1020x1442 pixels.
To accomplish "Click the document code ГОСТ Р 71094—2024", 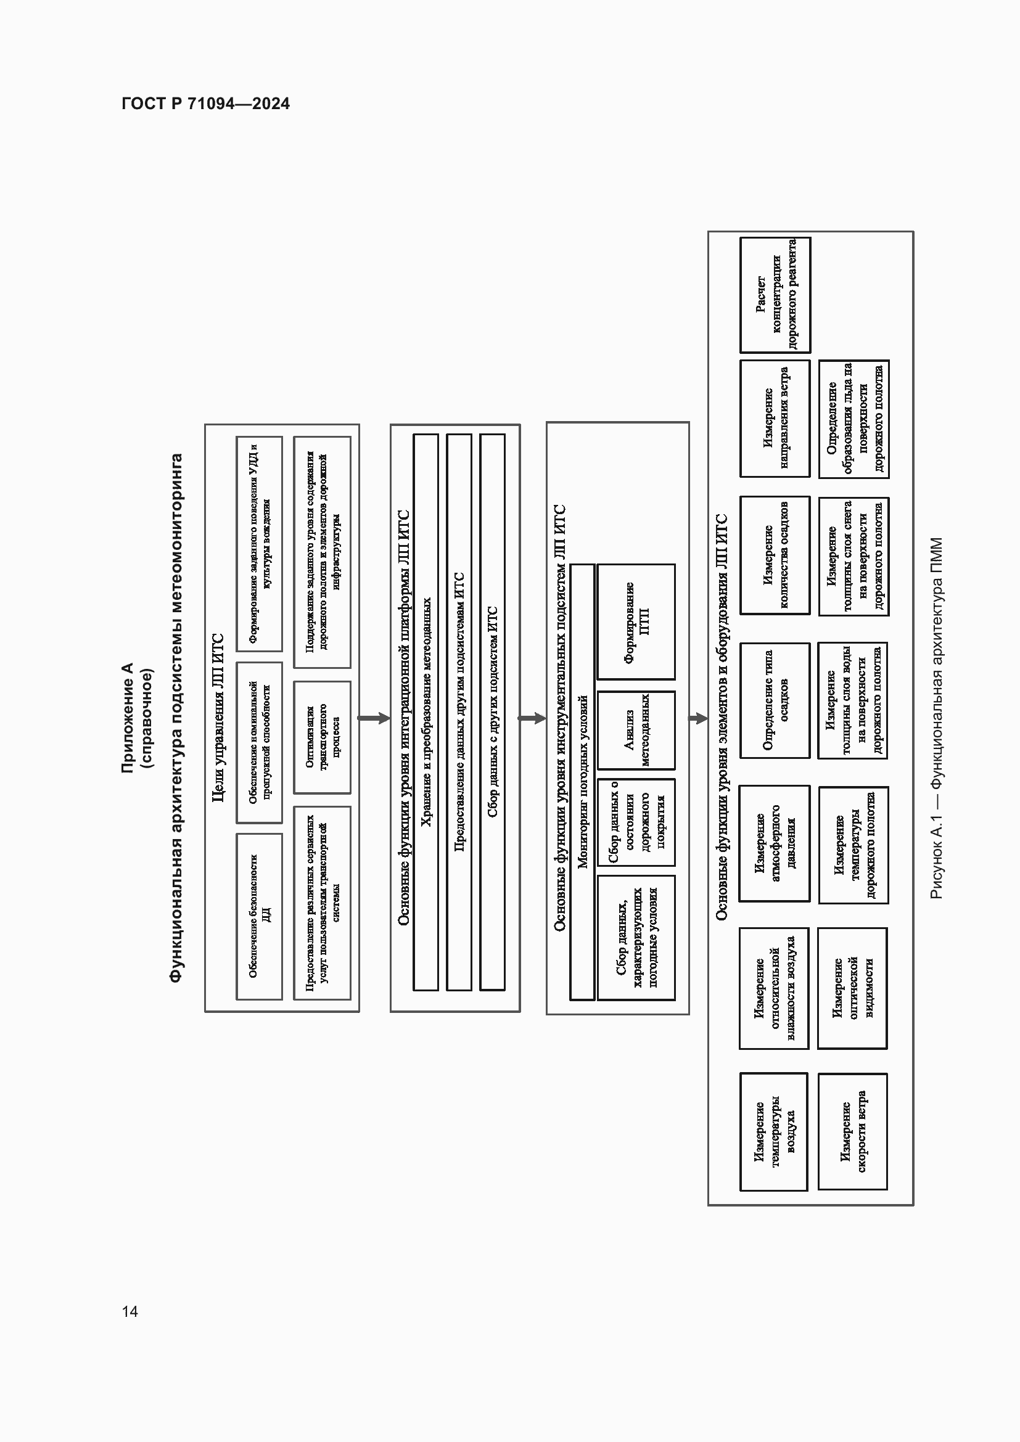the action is pos(205,104).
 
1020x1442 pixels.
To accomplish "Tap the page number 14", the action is pos(130,1311).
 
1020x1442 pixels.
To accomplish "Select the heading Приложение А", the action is pos(128,717).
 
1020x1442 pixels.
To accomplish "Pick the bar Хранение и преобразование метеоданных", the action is pos(426,712).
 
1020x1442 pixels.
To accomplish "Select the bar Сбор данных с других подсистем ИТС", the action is pos(491,712).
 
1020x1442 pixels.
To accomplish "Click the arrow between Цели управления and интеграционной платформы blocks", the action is pos(374,718).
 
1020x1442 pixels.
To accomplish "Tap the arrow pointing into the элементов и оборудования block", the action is pos(699,718).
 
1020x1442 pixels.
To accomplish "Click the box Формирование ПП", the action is pos(636,622).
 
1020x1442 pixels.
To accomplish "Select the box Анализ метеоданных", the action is pos(636,731).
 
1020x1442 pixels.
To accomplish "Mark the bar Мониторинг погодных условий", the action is pos(582,782).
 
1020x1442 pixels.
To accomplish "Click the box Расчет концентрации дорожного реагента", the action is pos(775,295).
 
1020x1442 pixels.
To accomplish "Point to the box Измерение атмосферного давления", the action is pos(775,843).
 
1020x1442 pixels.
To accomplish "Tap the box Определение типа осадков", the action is pos(775,700).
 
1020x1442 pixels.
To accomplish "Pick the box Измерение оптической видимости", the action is pos(852,988).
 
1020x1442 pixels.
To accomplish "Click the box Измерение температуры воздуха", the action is pos(774,1132).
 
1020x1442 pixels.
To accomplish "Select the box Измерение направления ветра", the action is pos(775,418).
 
